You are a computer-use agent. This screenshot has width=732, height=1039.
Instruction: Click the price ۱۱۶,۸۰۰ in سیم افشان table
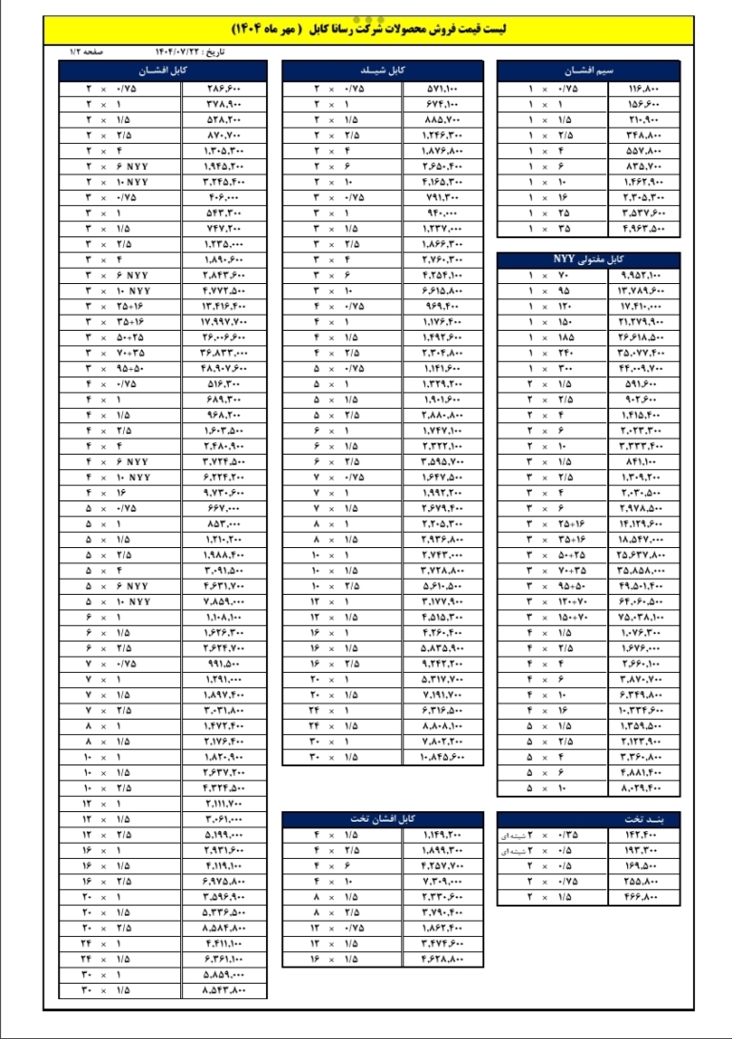tap(644, 88)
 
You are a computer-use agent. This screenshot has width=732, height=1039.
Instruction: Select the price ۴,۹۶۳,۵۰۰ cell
tap(644, 229)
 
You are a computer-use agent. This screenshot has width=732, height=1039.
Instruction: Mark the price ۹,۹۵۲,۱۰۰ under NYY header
tap(644, 275)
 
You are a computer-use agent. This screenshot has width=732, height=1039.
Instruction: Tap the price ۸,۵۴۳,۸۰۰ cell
tap(225, 991)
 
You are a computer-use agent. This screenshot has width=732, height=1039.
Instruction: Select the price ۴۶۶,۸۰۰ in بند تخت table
tap(644, 898)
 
